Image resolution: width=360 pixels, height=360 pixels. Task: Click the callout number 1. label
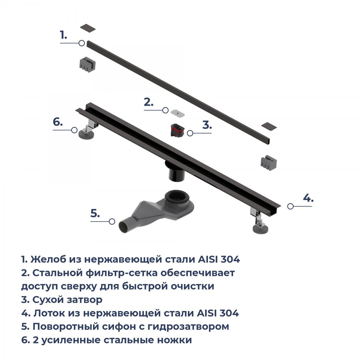tap(63, 35)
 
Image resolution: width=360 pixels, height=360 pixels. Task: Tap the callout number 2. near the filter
tap(148, 102)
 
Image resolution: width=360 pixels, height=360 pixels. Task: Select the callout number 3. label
tap(207, 125)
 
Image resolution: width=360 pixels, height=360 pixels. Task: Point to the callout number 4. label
tap(308, 198)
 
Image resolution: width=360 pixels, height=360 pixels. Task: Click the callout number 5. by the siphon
tap(95, 213)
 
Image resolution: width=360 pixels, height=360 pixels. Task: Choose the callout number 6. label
tap(58, 122)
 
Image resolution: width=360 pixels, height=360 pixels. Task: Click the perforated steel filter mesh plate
tap(178, 113)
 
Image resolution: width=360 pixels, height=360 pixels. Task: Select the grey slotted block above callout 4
tap(268, 164)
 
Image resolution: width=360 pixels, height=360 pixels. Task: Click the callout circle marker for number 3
tap(190, 133)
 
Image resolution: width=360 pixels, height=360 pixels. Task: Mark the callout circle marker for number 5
tap(112, 221)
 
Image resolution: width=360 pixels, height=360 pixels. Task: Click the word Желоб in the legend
tap(48, 259)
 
